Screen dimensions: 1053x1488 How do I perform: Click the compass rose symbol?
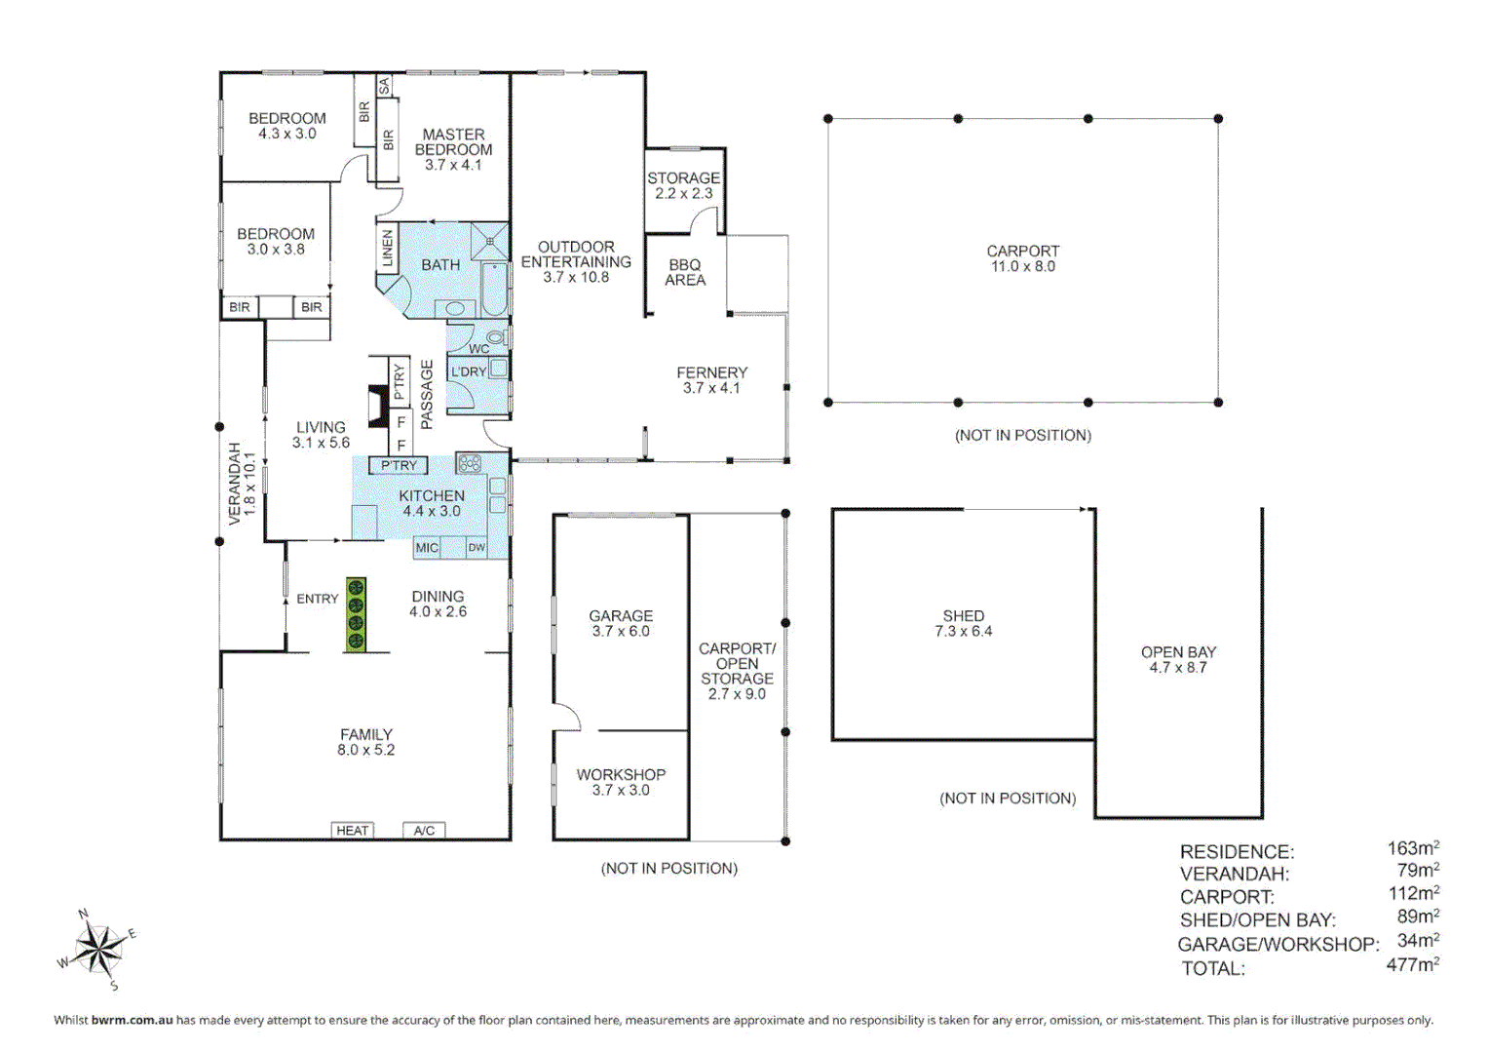(98, 949)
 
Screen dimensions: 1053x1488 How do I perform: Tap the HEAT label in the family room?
(352, 831)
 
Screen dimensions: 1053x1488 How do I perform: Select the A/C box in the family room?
(424, 831)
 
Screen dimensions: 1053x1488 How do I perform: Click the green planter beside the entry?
(356, 615)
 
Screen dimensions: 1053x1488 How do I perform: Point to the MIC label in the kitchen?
(427, 548)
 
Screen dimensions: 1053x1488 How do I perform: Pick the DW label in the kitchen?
(477, 548)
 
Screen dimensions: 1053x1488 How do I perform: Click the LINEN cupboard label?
(388, 248)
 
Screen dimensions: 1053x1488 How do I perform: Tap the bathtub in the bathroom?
(494, 290)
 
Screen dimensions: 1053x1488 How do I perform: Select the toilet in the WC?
(496, 337)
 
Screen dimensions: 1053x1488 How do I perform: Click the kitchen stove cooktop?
(470, 463)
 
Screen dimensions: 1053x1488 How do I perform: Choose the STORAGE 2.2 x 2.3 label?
(683, 185)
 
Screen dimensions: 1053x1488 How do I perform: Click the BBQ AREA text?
(685, 272)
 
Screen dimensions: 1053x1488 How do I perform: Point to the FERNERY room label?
(711, 379)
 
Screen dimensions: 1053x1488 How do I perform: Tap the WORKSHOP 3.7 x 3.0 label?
(621, 782)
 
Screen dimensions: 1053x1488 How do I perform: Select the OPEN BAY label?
(1178, 659)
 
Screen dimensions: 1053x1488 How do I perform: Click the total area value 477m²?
(1412, 965)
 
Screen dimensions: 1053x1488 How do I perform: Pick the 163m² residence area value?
(1413, 848)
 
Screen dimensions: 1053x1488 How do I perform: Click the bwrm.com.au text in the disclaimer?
(132, 1021)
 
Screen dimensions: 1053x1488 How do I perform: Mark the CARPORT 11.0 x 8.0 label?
(1022, 258)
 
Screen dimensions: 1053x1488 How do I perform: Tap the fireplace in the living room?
(376, 407)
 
